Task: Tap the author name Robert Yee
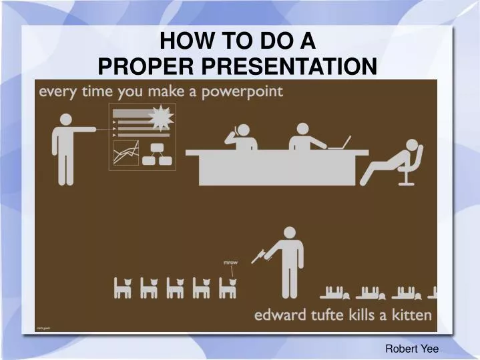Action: pos(411,348)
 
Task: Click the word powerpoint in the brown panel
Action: pos(242,92)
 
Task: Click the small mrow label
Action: pos(230,262)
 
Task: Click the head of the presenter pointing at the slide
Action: pos(66,120)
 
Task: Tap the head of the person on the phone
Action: pos(242,130)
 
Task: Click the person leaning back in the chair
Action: pos(395,162)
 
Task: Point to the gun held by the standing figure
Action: pos(259,254)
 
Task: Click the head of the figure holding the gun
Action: pos(289,233)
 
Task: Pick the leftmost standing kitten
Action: pos(122,288)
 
